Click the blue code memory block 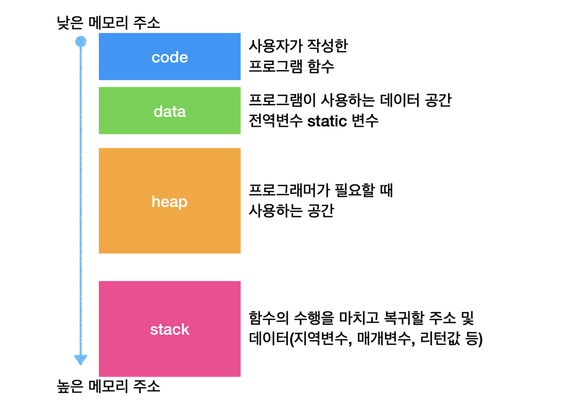click(x=170, y=56)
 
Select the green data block click(x=170, y=111)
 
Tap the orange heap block click(x=170, y=201)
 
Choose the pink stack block click(x=170, y=329)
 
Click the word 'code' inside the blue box click(x=170, y=57)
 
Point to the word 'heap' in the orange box click(x=170, y=202)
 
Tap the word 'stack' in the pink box click(x=170, y=329)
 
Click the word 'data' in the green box click(x=170, y=112)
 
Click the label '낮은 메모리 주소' click(x=108, y=23)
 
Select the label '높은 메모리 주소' click(x=108, y=386)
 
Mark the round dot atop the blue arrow click(x=81, y=41)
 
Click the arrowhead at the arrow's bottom click(x=81, y=360)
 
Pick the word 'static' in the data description click(x=327, y=121)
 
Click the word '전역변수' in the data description click(x=276, y=121)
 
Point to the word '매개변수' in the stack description click(x=386, y=338)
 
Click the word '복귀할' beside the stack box click(x=403, y=318)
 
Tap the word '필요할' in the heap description click(x=355, y=190)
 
